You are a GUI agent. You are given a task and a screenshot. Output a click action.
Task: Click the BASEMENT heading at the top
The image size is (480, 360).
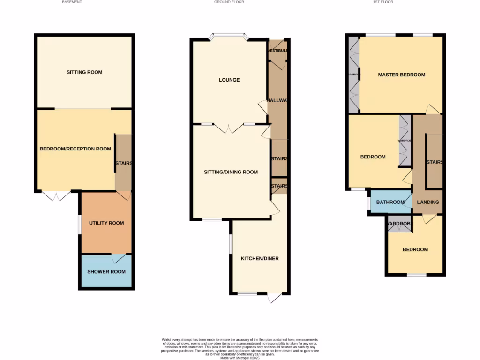click(x=72, y=2)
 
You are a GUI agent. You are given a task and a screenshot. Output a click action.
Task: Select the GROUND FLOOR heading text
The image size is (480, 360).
click(x=229, y=2)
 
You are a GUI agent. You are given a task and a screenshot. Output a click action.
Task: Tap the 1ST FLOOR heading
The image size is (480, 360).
click(x=383, y=2)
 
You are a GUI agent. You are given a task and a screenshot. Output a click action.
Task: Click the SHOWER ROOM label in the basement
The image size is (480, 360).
click(x=106, y=272)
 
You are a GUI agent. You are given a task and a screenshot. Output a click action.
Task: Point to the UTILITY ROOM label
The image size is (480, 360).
click(x=106, y=223)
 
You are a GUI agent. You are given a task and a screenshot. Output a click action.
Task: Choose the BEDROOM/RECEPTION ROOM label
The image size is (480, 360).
click(x=75, y=149)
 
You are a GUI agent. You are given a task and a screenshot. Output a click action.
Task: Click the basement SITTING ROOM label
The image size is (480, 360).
click(x=84, y=72)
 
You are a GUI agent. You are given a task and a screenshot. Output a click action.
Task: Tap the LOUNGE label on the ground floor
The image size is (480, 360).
click(x=229, y=80)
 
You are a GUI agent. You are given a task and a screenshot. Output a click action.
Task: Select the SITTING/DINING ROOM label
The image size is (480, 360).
click(x=231, y=172)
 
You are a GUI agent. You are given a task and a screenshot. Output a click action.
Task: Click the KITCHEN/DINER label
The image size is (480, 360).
click(x=260, y=259)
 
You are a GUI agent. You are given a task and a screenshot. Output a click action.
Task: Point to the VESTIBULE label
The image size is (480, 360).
click(x=277, y=51)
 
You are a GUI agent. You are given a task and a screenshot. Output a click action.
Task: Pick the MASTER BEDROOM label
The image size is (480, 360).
click(x=402, y=75)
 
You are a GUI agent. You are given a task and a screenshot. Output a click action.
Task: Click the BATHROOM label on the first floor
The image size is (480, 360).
click(x=390, y=202)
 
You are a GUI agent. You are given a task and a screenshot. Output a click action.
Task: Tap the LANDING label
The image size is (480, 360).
click(x=428, y=202)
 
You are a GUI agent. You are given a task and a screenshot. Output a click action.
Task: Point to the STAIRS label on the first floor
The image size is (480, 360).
click(x=435, y=162)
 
